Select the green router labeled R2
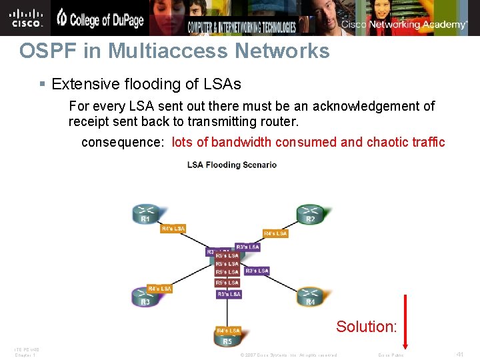pyautogui.click(x=311, y=214)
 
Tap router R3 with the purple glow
pyautogui.click(x=145, y=298)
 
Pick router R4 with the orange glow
pyautogui.click(x=310, y=298)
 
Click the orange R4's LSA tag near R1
pyautogui.click(x=173, y=229)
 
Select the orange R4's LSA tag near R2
pyautogui.click(x=275, y=233)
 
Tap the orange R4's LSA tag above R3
pyautogui.click(x=159, y=289)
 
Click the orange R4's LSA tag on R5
pyautogui.click(x=228, y=331)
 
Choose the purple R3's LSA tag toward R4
pyautogui.click(x=257, y=271)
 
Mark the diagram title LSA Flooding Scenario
pyautogui.click(x=232, y=165)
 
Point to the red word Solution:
pyautogui.click(x=367, y=327)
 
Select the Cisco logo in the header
pyautogui.click(x=26, y=17)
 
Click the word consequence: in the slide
pyautogui.click(x=122, y=142)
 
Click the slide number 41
pyautogui.click(x=460, y=355)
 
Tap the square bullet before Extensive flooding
pyautogui.click(x=42, y=85)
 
